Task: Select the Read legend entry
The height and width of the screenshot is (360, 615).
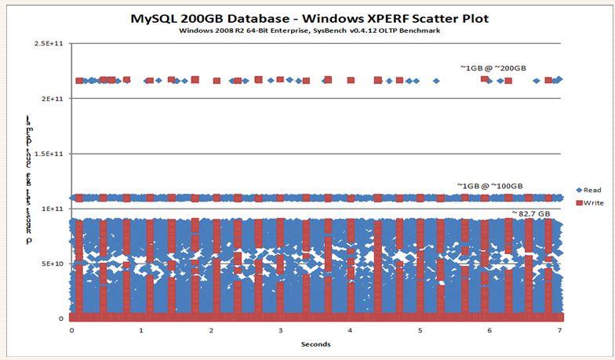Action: click(x=589, y=189)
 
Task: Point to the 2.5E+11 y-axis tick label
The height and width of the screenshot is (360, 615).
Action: click(x=49, y=44)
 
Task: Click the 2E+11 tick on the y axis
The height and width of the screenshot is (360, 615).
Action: click(x=52, y=99)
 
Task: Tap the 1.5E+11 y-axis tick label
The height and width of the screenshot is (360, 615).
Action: click(x=49, y=154)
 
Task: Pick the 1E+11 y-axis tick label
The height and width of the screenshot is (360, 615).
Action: click(x=52, y=209)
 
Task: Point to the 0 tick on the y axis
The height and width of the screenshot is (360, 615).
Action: click(x=61, y=318)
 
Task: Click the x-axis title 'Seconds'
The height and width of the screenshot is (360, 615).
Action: click(x=315, y=344)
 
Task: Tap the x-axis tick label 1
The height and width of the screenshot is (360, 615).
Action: click(x=141, y=330)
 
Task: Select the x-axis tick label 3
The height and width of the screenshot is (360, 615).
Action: click(x=281, y=330)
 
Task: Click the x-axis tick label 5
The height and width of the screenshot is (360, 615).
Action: click(x=420, y=330)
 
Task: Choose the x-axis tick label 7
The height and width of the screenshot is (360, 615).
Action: click(x=559, y=330)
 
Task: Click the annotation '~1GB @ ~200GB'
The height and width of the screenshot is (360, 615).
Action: click(x=487, y=68)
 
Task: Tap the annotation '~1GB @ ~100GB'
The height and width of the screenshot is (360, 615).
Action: click(x=490, y=186)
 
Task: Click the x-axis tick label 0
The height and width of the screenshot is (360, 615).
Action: click(x=71, y=330)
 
